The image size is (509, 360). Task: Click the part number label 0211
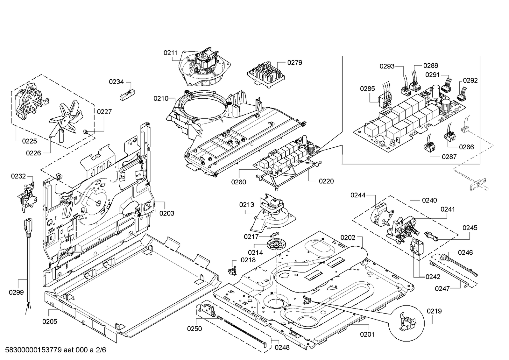point(171,53)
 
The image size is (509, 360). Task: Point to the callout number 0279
point(294,62)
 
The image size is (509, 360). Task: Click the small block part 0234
point(127,95)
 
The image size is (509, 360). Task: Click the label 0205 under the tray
point(50,321)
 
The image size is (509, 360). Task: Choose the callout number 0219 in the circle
point(434,311)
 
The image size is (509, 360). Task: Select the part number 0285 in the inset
point(367,89)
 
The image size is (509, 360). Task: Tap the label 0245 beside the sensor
point(470,228)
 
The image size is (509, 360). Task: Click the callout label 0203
point(167,213)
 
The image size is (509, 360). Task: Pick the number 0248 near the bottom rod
point(282,347)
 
